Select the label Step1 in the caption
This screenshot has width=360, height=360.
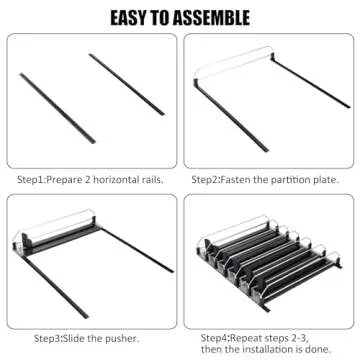click(x=31, y=180)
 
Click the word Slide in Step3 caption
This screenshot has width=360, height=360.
click(x=74, y=339)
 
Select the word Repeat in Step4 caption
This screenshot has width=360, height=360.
click(x=245, y=338)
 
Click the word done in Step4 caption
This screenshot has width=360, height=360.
click(x=320, y=349)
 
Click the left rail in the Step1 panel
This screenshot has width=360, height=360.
click(x=58, y=108)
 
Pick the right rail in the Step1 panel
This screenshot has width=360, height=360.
click(x=127, y=84)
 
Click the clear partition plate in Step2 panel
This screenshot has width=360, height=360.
click(x=233, y=63)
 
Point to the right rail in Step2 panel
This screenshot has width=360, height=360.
click(x=311, y=82)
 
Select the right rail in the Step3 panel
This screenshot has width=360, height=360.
click(x=137, y=250)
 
